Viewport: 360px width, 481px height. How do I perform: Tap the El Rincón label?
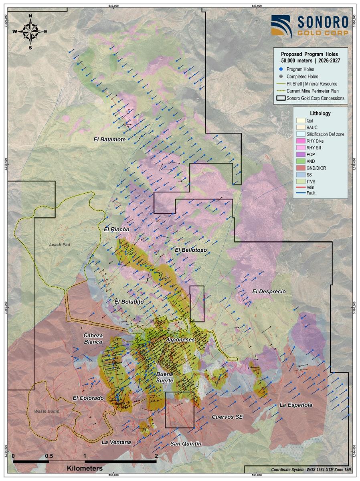(116, 230)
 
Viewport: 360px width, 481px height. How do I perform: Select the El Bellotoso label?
(191, 250)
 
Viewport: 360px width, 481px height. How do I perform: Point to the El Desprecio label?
(269, 291)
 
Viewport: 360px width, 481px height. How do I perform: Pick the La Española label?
(295, 405)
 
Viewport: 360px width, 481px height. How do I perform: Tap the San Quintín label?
(186, 443)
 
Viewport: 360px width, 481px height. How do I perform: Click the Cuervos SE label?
(227, 417)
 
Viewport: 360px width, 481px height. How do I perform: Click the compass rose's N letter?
(30, 16)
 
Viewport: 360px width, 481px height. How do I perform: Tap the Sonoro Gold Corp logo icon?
(281, 26)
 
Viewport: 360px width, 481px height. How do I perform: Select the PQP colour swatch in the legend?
(300, 155)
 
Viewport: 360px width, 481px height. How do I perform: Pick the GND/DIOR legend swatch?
(300, 168)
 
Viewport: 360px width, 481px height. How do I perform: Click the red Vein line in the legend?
(300, 187)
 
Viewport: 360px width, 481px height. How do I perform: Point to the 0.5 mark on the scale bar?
(49, 456)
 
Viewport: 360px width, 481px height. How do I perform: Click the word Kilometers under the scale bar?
(85, 468)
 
